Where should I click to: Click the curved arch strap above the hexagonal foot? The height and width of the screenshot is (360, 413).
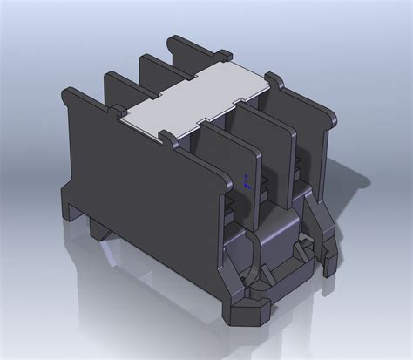point(253,262)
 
